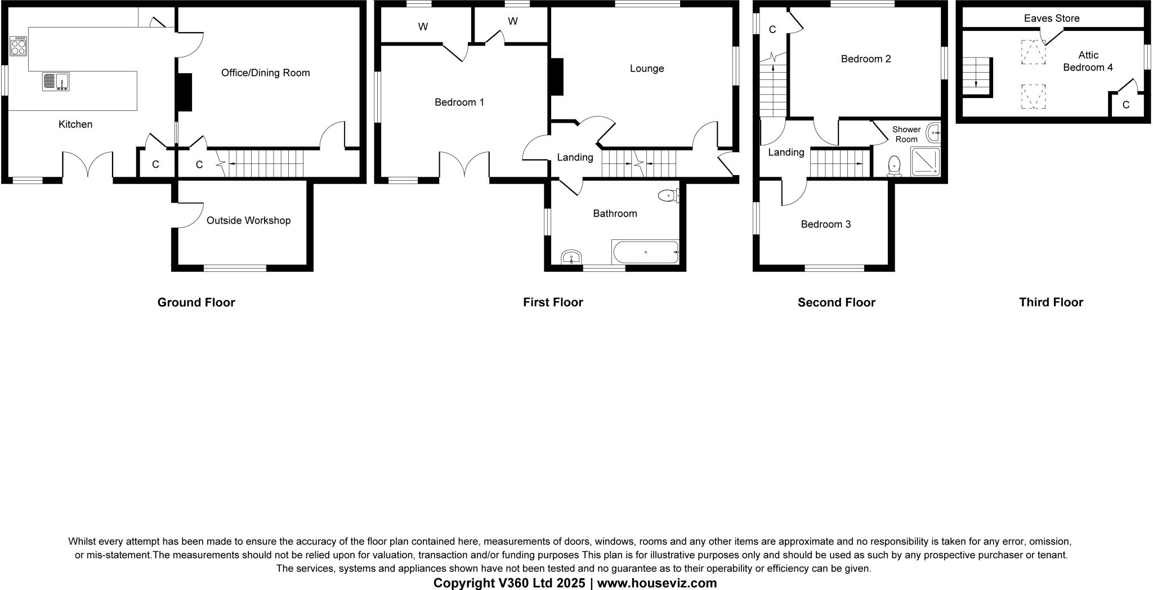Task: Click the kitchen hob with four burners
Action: [x=18, y=46]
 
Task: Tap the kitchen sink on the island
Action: [x=56, y=82]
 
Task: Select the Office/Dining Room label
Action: [x=265, y=73]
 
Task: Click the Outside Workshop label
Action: [x=248, y=221]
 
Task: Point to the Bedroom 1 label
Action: [x=459, y=102]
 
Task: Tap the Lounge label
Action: [x=646, y=69]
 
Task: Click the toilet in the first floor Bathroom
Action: [x=668, y=196]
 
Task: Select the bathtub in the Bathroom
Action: [x=645, y=252]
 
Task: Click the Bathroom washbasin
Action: [x=571, y=258]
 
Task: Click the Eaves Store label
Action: [x=1051, y=19]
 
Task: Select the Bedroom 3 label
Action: [x=825, y=225]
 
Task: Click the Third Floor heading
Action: [x=1051, y=302]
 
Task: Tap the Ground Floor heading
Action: [x=196, y=302]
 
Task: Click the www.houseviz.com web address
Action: [x=656, y=583]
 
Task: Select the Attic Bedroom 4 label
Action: [x=1088, y=61]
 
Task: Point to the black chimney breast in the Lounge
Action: [x=556, y=77]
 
